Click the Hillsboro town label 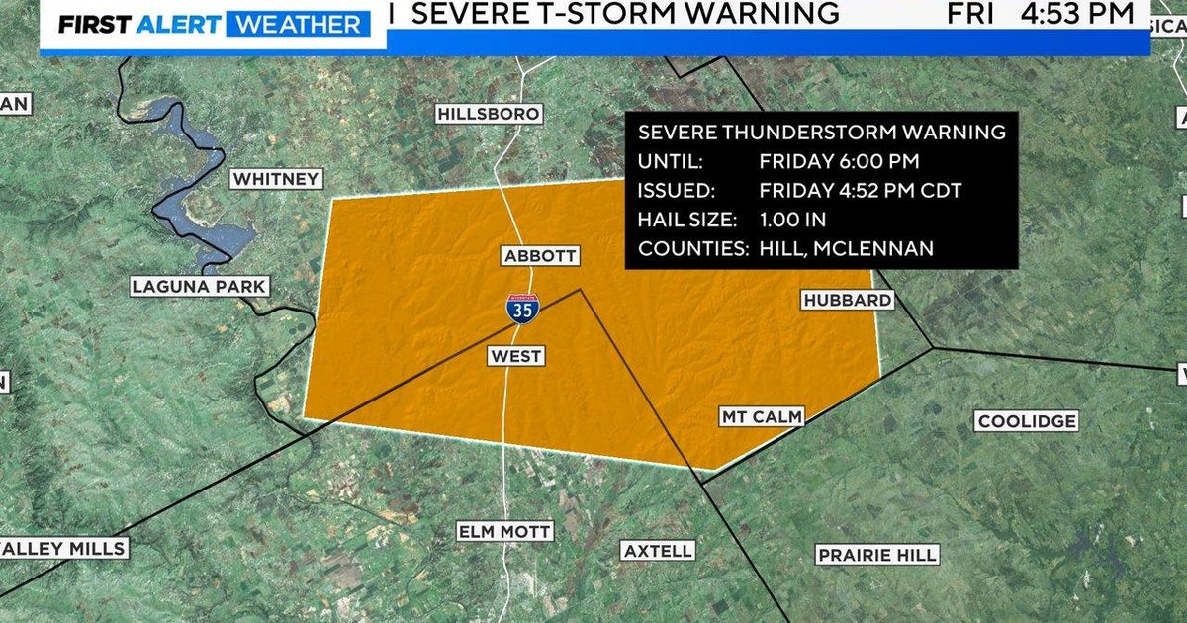[x=489, y=115]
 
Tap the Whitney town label [x=276, y=179]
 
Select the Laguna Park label [x=199, y=287]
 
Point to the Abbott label [x=539, y=255]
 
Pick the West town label [x=515, y=356]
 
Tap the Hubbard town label [x=847, y=300]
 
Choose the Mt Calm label [x=761, y=418]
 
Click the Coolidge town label [x=1026, y=422]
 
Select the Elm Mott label [x=503, y=532]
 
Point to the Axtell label [x=658, y=551]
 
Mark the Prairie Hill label [x=876, y=555]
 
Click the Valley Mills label [x=63, y=549]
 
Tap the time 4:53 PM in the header [x=1081, y=14]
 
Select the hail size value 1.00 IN [x=792, y=220]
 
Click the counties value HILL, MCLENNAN [x=846, y=249]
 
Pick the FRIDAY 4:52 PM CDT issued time [x=860, y=191]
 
